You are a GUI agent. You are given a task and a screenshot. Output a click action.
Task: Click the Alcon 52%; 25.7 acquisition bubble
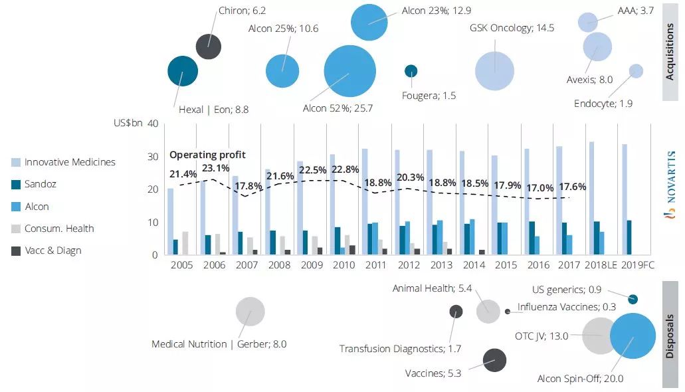[349, 71]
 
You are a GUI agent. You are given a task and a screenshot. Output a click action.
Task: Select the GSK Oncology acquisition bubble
[495, 70]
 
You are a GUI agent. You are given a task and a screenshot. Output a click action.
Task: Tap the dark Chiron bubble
[209, 47]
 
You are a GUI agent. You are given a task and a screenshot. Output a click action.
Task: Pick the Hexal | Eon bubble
[183, 71]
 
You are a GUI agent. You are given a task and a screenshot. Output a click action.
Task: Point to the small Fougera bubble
[411, 70]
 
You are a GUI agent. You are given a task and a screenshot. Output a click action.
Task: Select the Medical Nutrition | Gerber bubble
[250, 312]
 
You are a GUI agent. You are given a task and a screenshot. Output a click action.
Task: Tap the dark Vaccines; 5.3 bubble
[494, 361]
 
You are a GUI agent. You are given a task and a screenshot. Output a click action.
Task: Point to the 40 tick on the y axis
[152, 124]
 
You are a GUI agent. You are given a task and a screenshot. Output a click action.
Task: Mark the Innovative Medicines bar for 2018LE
[592, 198]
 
